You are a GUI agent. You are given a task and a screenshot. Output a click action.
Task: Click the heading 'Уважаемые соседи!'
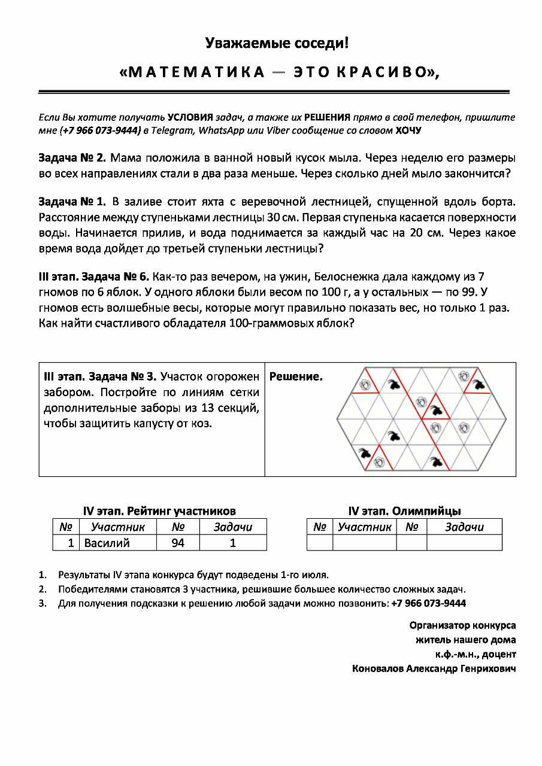(x=276, y=43)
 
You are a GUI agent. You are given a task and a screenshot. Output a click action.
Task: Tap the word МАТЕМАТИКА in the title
(x=192, y=72)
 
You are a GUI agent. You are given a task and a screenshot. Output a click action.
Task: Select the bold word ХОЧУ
(x=408, y=130)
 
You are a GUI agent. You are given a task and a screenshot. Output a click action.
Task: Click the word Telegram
(x=169, y=130)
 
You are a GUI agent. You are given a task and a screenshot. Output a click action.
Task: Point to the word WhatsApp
(x=220, y=130)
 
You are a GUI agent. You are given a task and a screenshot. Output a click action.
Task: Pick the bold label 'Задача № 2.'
(x=72, y=159)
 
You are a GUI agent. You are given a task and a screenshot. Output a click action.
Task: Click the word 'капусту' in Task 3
(x=149, y=423)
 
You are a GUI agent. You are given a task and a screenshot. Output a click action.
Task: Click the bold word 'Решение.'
(x=296, y=377)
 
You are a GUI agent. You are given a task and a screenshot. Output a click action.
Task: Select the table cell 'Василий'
(x=107, y=543)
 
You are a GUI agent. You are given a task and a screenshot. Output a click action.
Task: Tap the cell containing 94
(x=178, y=543)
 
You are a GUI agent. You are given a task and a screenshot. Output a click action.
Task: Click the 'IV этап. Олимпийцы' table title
(x=404, y=511)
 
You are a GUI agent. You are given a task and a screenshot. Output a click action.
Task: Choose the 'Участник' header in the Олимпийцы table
(x=364, y=527)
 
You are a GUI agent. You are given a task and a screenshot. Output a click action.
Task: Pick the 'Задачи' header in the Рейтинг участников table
(x=233, y=527)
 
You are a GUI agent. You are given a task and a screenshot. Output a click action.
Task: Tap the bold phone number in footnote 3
(x=428, y=603)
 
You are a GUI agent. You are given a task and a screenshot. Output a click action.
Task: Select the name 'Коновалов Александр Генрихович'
(x=434, y=668)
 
